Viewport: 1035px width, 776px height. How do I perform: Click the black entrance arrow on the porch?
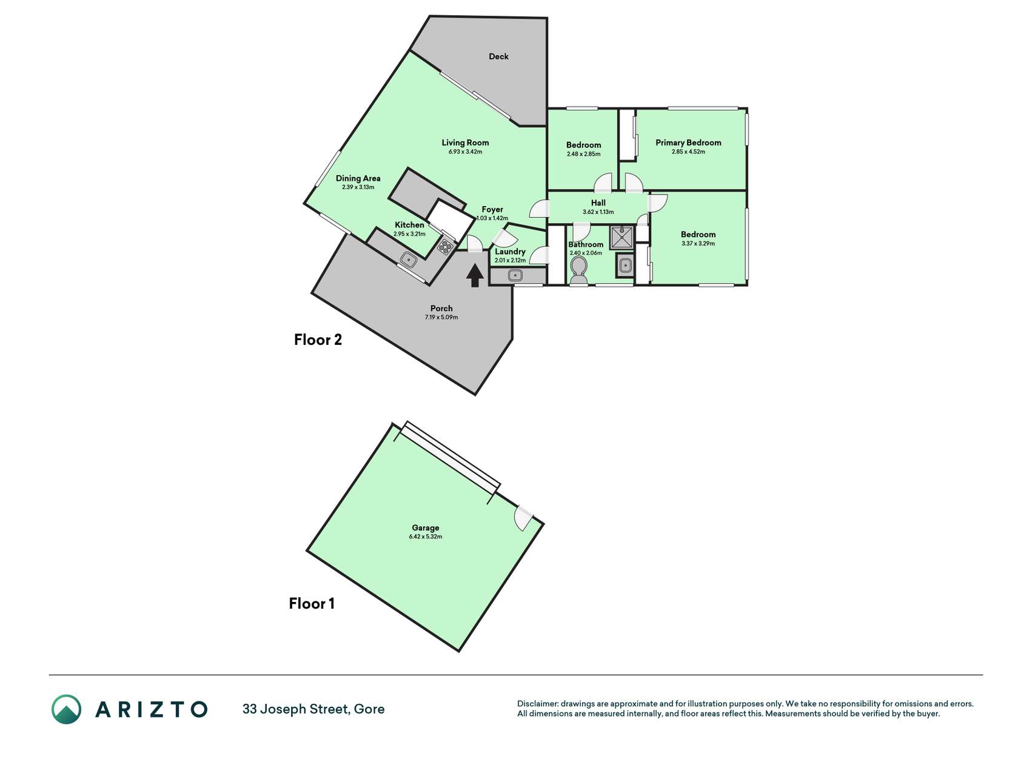pos(475,276)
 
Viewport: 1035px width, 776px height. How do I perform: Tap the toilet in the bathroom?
pos(579,270)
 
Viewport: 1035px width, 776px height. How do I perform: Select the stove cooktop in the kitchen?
pos(446,246)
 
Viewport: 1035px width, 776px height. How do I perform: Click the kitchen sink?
pos(409,260)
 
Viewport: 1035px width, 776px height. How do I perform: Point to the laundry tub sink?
pos(515,276)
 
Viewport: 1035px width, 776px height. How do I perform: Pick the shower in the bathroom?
pos(622,237)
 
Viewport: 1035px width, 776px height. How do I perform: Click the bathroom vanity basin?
pos(625,265)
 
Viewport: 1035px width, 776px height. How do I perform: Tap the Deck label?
pos(498,56)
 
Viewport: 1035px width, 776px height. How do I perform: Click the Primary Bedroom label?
pos(688,142)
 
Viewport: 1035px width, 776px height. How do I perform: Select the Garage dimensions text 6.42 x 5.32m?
pos(425,537)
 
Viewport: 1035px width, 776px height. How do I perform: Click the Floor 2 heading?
pos(318,339)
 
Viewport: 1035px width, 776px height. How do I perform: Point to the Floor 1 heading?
pos(312,603)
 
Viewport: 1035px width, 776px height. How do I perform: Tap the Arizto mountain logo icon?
pos(66,709)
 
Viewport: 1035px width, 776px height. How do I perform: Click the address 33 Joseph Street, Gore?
pos(313,709)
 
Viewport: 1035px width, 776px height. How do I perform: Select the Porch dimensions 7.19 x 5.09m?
pos(441,317)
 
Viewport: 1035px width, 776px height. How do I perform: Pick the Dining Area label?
pos(358,178)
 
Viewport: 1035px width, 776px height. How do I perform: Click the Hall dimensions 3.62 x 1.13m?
pos(598,212)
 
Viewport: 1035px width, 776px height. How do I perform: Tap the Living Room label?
pos(465,142)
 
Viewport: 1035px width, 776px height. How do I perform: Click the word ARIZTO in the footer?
pos(151,709)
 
